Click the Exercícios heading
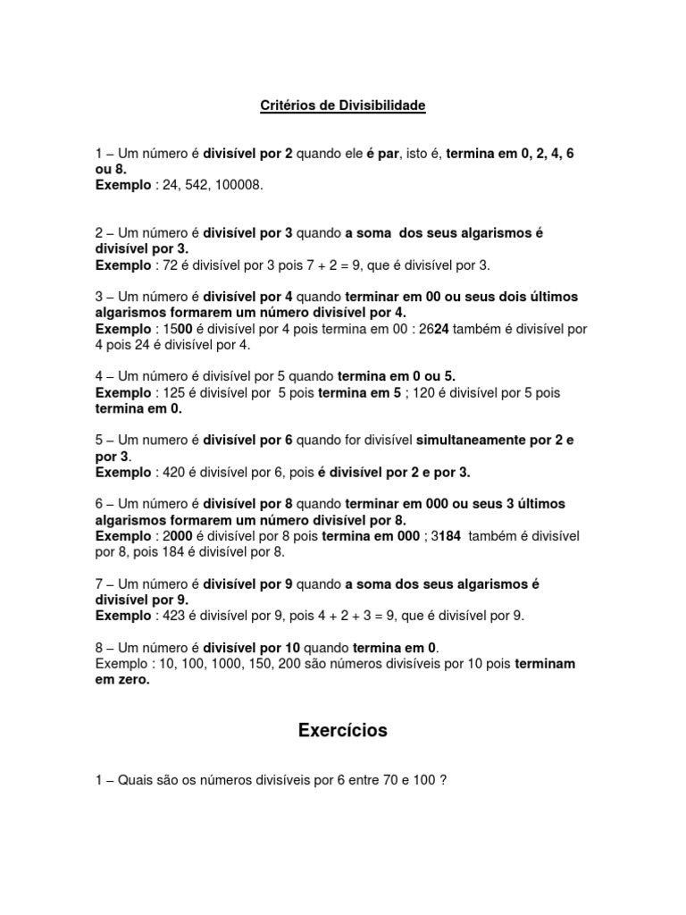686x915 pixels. coord(343,731)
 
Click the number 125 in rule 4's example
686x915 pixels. coord(169,392)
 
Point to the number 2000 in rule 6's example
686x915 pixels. coord(172,536)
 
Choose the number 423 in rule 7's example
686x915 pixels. coord(169,616)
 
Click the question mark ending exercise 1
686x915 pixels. coord(443,780)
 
